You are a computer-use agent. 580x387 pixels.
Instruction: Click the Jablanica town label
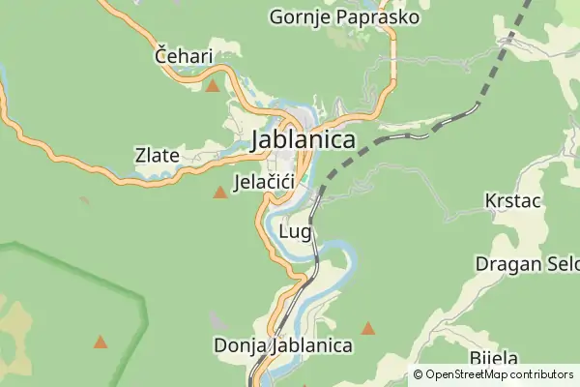[x=303, y=140]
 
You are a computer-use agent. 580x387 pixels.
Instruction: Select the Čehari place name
[x=184, y=57]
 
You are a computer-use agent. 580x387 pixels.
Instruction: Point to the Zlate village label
[x=157, y=154]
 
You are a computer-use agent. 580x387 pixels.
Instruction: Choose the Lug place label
[x=294, y=232]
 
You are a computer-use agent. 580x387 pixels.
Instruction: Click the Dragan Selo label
[x=527, y=263]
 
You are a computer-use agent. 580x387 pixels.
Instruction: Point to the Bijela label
[x=494, y=358]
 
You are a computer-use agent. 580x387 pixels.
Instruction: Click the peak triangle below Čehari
[x=213, y=86]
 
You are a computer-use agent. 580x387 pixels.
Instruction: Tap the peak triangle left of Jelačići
[x=220, y=193]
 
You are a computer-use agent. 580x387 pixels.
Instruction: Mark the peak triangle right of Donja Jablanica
[x=368, y=329]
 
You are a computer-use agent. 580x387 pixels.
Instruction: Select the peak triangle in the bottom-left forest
[x=101, y=342]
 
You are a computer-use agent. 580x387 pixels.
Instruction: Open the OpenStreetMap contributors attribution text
[x=499, y=374]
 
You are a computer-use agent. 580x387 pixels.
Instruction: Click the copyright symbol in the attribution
[x=419, y=374]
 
